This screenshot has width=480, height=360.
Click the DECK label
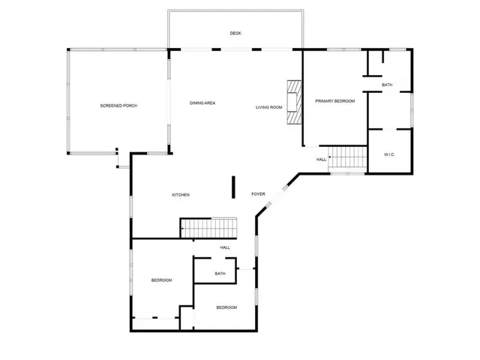[x=235, y=33]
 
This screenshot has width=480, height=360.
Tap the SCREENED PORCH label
[x=118, y=105]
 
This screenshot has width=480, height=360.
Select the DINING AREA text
[x=202, y=102]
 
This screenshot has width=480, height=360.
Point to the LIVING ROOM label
[x=268, y=107]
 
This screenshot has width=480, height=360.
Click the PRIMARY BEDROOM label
[x=334, y=100]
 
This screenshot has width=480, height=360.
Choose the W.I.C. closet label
[x=389, y=154]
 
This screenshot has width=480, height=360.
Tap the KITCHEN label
[x=181, y=195]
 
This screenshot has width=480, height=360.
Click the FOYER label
[x=258, y=194]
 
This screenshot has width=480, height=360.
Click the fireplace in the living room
[x=295, y=100]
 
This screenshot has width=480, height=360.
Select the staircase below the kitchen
[x=208, y=226]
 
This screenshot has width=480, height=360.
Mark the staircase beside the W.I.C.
[x=347, y=157]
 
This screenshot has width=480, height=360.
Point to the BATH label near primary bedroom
[x=387, y=85]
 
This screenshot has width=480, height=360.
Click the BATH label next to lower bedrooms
[x=220, y=274]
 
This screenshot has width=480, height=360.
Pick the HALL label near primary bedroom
[x=321, y=160]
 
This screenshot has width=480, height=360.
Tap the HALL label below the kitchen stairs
[x=225, y=247]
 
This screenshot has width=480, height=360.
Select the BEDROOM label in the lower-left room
[x=161, y=280]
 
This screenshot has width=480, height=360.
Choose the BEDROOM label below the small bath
[x=226, y=307]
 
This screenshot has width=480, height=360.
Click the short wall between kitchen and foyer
[x=233, y=187]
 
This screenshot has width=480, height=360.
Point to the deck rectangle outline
[x=235, y=11]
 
